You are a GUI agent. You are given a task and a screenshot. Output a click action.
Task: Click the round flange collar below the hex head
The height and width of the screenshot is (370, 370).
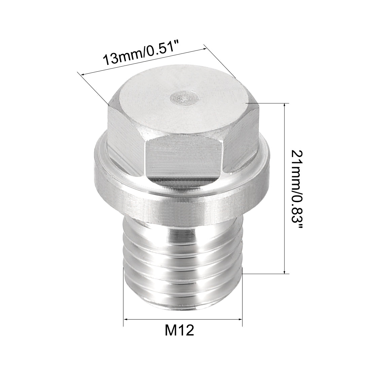(182, 198)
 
